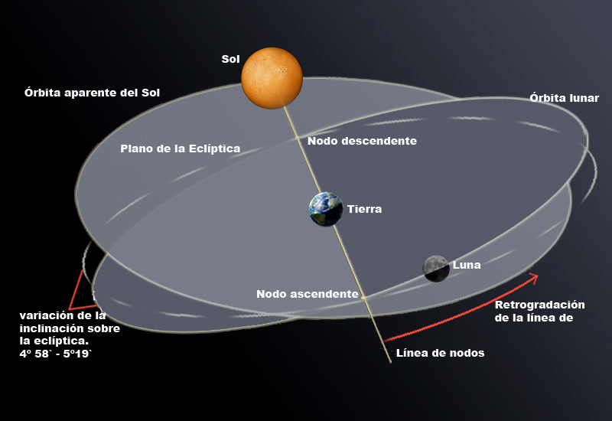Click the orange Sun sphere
coord(272,77)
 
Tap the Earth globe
coord(325,209)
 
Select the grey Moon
coord(436,268)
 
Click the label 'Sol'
coord(230,59)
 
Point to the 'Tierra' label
coord(364,209)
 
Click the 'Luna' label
coord(467,266)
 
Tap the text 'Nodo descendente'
coord(362,141)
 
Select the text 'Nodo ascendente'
coord(307,294)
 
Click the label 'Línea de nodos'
coord(440,353)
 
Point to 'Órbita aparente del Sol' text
coord(92,93)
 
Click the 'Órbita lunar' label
coord(564,98)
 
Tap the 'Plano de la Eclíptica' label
coord(181,148)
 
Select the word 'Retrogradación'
coord(539,305)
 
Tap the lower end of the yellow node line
coord(390,361)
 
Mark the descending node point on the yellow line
coord(298,139)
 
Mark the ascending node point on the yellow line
coord(363,295)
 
